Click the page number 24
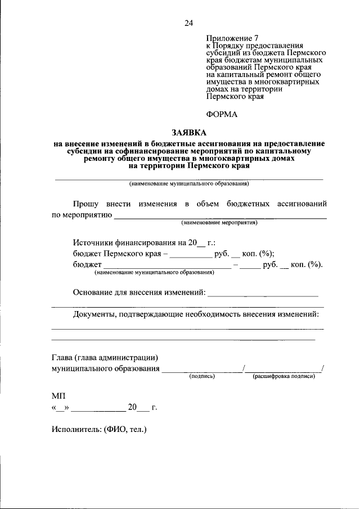(x=188, y=23)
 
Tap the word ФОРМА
(x=222, y=114)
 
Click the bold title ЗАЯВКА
(x=188, y=133)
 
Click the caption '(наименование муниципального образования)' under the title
(x=188, y=184)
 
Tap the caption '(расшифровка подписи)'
(x=283, y=376)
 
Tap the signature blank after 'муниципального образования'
(x=201, y=369)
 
